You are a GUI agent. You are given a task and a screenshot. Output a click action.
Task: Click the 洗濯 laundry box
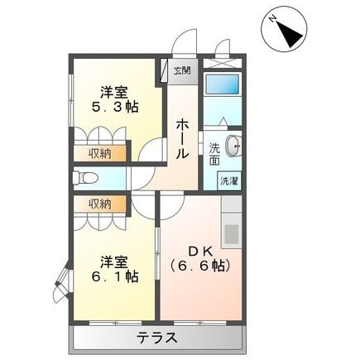228,180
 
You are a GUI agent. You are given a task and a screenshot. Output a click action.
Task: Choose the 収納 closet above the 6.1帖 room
100,204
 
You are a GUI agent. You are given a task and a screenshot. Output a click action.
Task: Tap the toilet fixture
85,178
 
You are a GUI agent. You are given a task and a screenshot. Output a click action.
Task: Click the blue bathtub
221,86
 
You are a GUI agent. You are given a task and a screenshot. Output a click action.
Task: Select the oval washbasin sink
233,145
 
